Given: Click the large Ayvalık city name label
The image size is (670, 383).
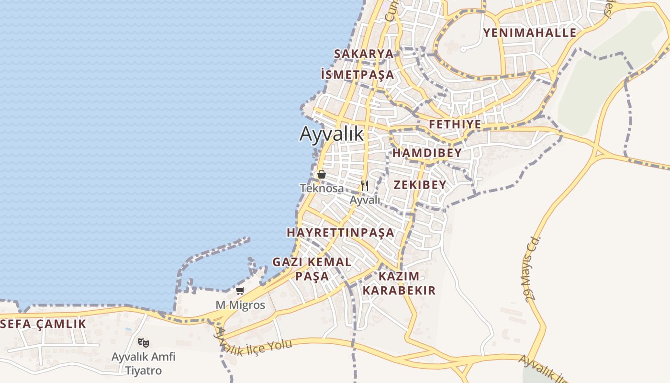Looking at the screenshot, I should pos(332,134).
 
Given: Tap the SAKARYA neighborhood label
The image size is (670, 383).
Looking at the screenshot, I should pos(364,53).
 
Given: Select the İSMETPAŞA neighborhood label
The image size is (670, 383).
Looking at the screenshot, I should pos(358,74).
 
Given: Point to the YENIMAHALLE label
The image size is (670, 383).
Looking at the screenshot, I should pos(530,33).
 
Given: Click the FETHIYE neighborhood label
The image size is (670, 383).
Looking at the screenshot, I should pos(455,124).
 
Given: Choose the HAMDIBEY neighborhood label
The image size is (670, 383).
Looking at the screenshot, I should pos(427,153).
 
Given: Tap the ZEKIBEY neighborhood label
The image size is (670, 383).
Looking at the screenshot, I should pos(420,184).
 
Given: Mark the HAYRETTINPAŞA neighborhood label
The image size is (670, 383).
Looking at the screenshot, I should pos(340,232).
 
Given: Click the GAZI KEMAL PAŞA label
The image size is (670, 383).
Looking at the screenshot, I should pos(312,269).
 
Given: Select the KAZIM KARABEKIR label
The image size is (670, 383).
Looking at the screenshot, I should pos(399,283).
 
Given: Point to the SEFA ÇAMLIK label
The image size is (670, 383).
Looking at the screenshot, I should pos(44,324).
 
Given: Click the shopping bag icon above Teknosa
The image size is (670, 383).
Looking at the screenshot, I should pos(322,174).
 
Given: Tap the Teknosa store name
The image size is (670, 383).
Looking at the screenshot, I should pos(322,188).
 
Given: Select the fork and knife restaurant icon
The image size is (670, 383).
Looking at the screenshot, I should pos(365,186).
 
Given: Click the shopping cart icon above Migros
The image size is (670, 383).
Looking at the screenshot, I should pos(240,291).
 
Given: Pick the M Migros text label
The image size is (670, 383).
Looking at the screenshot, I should pos(240,305).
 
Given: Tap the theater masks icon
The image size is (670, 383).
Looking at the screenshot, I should pos(143,342).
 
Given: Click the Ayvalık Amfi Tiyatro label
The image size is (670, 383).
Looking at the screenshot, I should pos(144,363).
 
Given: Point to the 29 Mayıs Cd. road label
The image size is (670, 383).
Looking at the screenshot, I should pos(532,268).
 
